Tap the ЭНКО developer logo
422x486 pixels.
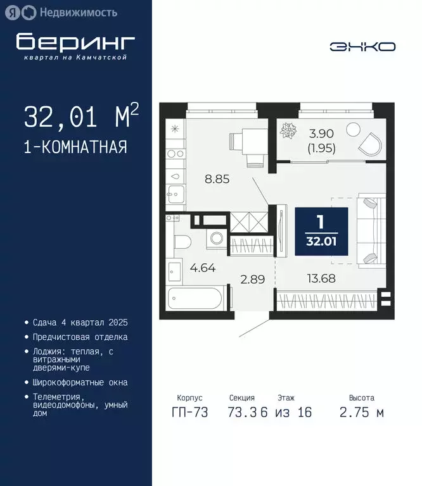(x=362, y=47)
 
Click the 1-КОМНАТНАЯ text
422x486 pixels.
(x=75, y=147)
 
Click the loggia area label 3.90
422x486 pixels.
(x=321, y=134)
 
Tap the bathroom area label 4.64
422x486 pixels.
(x=203, y=267)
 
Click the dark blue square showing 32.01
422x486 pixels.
(x=321, y=231)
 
